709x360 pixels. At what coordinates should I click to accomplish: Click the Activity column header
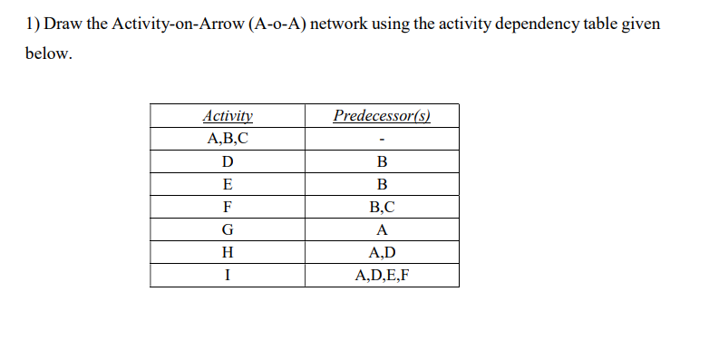click(x=228, y=116)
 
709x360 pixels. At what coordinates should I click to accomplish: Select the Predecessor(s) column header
click(x=382, y=116)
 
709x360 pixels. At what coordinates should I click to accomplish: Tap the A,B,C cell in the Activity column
click(x=228, y=139)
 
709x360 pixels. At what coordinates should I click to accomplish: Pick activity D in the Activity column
click(x=228, y=162)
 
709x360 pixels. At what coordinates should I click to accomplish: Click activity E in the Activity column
click(x=228, y=184)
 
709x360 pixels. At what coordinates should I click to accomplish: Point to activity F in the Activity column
click(x=228, y=207)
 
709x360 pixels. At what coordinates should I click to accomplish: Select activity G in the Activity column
click(x=228, y=229)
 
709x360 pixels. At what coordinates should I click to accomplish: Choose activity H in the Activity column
click(x=228, y=252)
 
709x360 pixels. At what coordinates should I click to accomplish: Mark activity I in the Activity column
click(x=228, y=275)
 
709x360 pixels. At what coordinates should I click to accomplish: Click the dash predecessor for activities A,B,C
click(x=382, y=140)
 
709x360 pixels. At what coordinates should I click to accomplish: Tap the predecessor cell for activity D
click(x=382, y=162)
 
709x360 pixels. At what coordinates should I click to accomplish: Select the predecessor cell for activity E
click(x=382, y=184)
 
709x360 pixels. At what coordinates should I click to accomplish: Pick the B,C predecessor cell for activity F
click(x=382, y=207)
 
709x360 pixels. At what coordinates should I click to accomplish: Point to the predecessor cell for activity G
click(x=382, y=229)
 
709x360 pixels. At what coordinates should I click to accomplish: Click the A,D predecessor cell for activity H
click(x=382, y=252)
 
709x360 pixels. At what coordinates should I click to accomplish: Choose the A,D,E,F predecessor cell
click(x=382, y=275)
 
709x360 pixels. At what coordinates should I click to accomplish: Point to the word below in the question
click(x=46, y=54)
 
